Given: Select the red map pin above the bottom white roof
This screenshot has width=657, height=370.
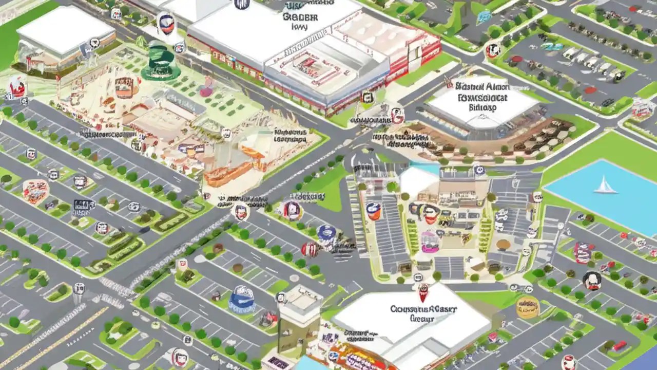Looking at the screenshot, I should (423, 291).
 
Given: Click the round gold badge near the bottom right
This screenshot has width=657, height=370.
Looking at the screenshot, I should (527, 307).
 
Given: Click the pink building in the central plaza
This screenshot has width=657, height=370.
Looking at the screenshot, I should (430, 242).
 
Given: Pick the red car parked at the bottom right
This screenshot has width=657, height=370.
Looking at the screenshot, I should (619, 346).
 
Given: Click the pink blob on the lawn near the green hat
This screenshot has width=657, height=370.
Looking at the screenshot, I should (206, 91).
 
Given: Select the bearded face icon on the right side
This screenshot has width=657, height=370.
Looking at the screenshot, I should (592, 281).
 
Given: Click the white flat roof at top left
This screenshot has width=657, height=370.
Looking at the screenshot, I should (66, 30).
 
